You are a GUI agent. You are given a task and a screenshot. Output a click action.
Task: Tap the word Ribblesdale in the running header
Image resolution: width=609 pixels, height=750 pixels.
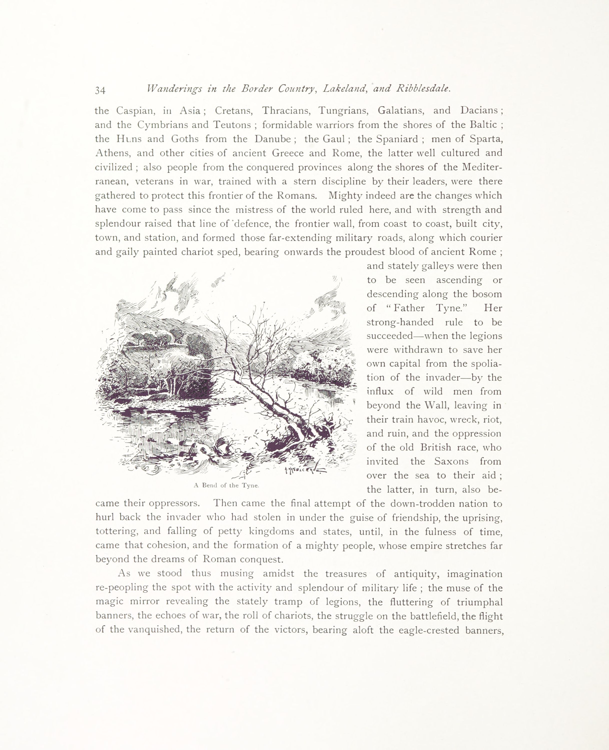click(423, 89)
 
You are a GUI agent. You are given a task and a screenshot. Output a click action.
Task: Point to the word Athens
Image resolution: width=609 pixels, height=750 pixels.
click(112, 153)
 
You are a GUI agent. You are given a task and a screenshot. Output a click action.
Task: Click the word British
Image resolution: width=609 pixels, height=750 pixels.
click(437, 448)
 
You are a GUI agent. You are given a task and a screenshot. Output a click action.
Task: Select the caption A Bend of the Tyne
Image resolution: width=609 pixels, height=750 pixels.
click(226, 486)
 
